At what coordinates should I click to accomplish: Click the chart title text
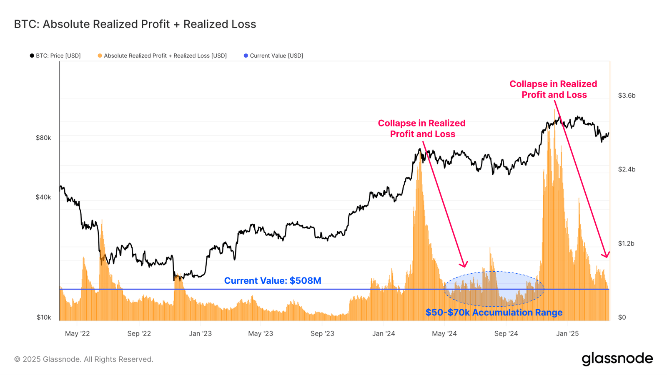pos(135,24)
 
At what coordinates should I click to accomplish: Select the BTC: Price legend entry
pos(55,56)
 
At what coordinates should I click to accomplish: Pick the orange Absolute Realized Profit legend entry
pos(163,56)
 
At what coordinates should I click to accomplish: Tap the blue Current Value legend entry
pos(273,56)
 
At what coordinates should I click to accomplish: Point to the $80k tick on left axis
pos(43,138)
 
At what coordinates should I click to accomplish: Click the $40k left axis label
pos(43,197)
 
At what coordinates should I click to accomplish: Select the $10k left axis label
pos(43,317)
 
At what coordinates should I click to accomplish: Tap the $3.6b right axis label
pos(627,96)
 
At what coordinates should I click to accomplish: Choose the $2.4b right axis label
pos(627,169)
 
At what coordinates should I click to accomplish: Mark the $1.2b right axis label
pos(626,243)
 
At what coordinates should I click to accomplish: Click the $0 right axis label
pos(622,317)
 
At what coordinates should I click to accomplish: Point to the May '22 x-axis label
pos(78,333)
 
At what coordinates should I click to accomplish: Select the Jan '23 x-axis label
pos(200,333)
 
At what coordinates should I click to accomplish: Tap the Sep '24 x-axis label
pos(506,333)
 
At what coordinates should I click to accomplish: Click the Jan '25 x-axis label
pos(567,333)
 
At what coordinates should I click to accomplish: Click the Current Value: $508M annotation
pos(273,281)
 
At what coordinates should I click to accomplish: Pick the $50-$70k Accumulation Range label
pos(494,313)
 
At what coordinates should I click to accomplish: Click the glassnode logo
pos(617,359)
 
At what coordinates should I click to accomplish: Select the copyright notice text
pos(84,359)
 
